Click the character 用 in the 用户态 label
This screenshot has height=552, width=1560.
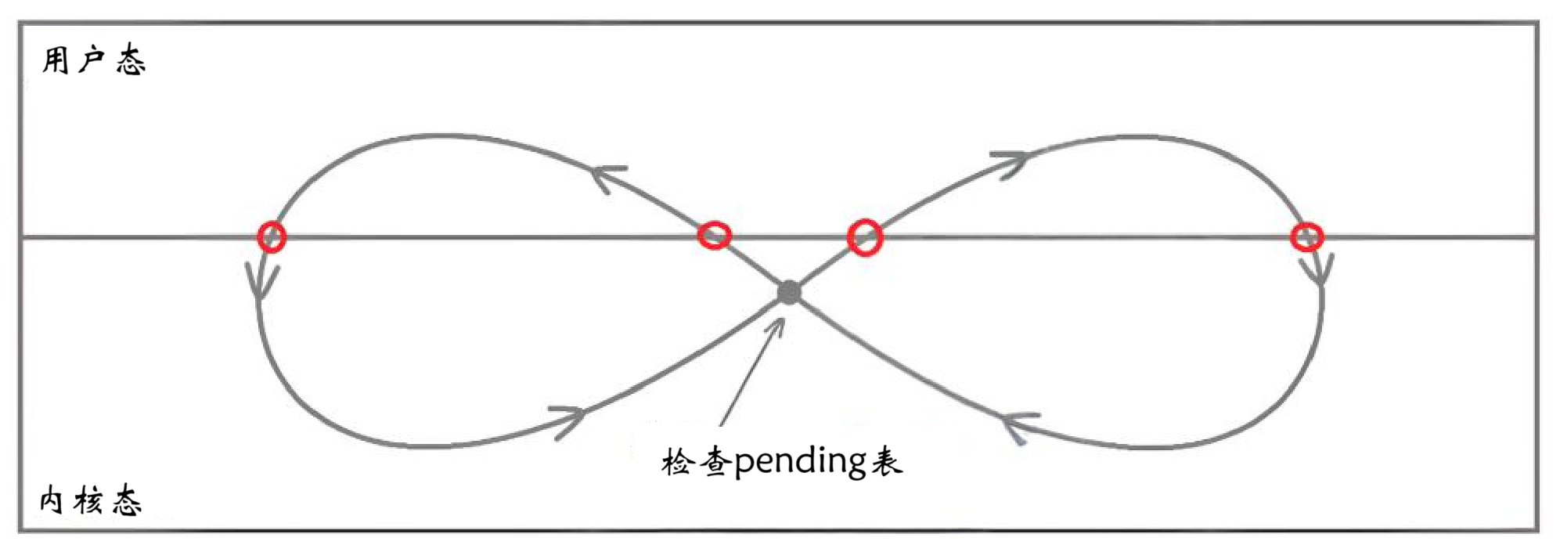click(x=56, y=60)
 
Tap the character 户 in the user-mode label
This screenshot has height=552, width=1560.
click(x=92, y=60)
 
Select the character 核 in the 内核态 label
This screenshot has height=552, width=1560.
click(x=88, y=500)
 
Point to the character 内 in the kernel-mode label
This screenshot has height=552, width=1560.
click(x=52, y=500)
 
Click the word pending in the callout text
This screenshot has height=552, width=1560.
click(x=799, y=462)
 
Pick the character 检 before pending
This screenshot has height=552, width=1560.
click(x=678, y=462)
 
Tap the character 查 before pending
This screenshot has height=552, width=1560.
click(x=715, y=462)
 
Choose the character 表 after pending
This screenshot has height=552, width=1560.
click(x=886, y=462)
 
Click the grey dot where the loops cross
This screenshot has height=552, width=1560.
click(x=789, y=292)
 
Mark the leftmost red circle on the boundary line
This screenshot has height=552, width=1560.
click(x=272, y=236)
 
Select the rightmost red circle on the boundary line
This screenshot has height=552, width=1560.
click(x=1306, y=236)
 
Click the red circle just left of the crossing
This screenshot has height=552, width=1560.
click(x=714, y=235)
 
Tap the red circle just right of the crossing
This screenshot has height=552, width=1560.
click(x=865, y=236)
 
